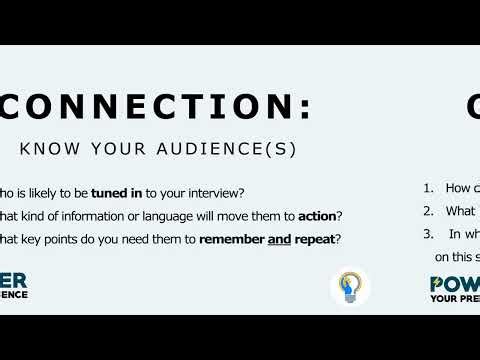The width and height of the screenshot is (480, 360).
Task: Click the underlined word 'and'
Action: pyautogui.click(x=279, y=240)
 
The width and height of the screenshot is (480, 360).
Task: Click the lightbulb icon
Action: pyautogui.click(x=350, y=286)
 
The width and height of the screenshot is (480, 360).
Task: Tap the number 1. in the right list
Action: pyautogui.click(x=427, y=188)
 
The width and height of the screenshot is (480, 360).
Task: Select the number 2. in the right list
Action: pyautogui.click(x=427, y=211)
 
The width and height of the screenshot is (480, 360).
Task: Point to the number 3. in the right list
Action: pyautogui.click(x=427, y=234)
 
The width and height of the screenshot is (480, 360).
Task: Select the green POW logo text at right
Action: pyautogui.click(x=455, y=283)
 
